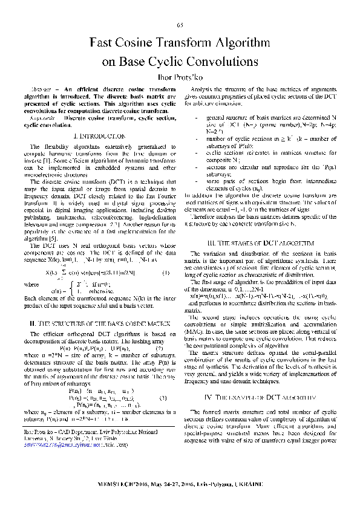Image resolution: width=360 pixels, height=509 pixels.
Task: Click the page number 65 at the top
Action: (180, 24)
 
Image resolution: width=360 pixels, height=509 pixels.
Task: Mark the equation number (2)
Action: (160, 349)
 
